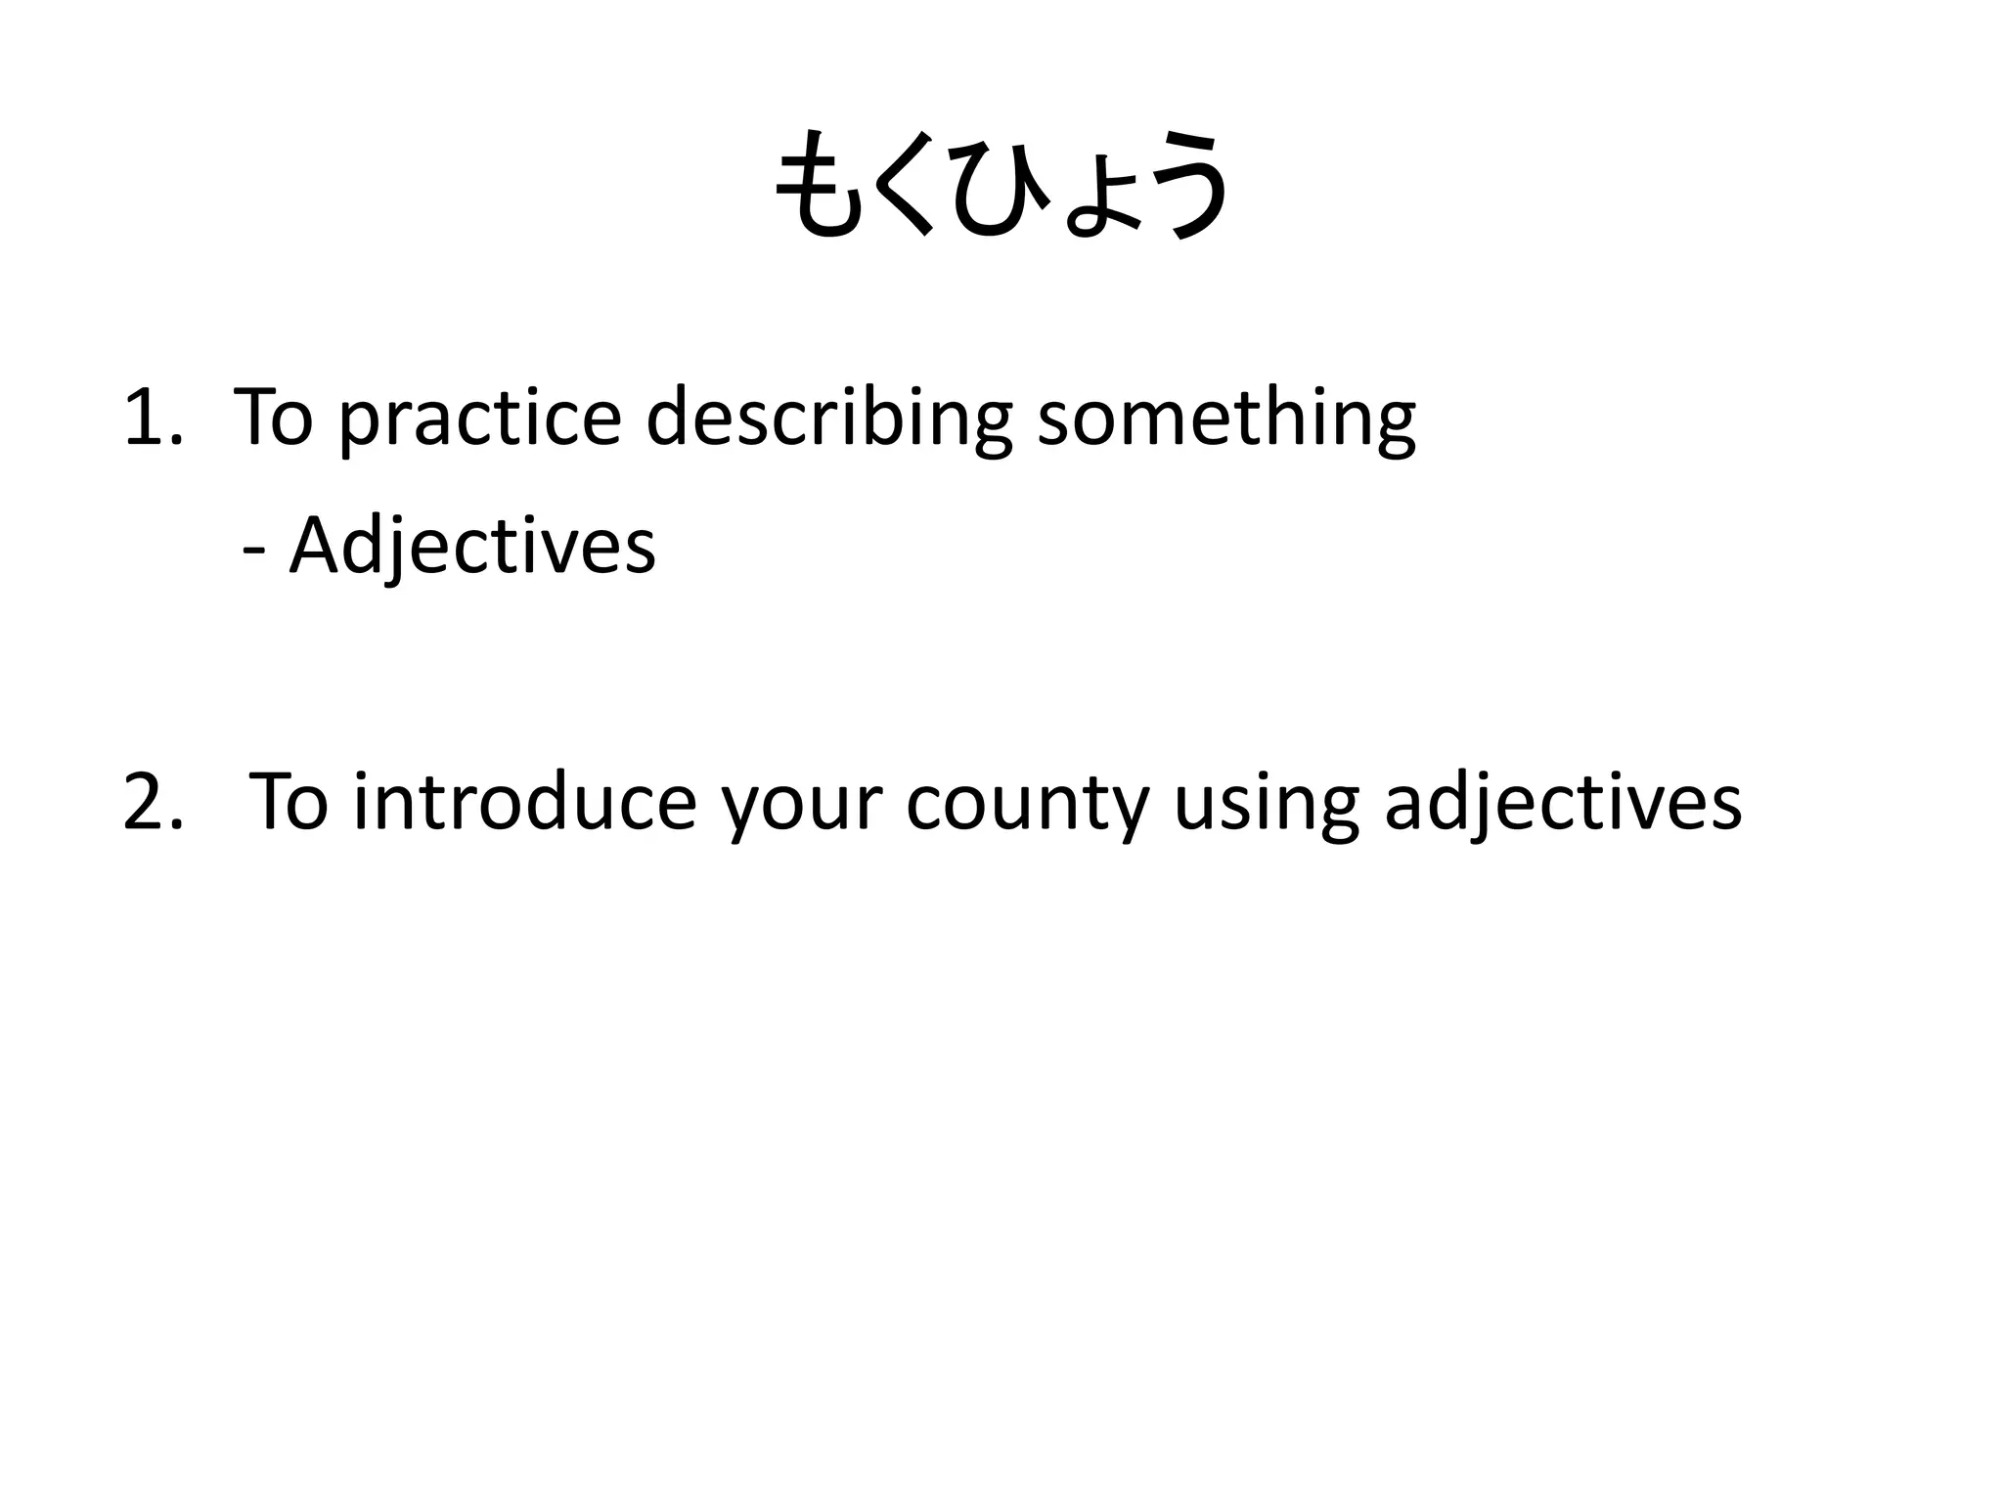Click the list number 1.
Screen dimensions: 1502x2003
tap(153, 418)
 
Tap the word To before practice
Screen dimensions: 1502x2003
tap(274, 418)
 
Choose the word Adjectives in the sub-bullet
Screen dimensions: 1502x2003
tap(472, 548)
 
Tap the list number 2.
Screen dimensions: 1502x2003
tap(153, 802)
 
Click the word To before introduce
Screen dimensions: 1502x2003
tap(289, 802)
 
